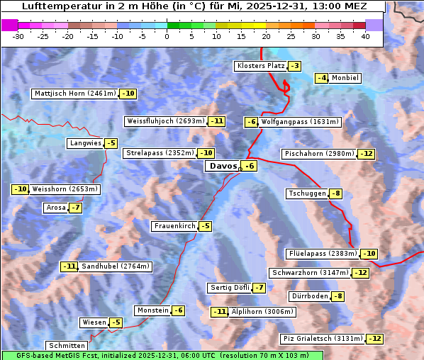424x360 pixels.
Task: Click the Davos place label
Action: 223,167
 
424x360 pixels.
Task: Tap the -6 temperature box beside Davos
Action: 248,167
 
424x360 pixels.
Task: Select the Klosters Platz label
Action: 260,66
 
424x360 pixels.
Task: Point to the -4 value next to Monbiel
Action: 322,78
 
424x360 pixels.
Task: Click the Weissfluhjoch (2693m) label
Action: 165,121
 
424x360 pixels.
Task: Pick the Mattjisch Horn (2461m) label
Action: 75,94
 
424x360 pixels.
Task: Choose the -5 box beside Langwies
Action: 111,143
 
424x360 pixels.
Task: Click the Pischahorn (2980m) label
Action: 318,154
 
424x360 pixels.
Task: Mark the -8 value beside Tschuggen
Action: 336,193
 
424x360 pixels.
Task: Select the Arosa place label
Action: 55,208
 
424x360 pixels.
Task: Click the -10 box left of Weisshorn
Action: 21,189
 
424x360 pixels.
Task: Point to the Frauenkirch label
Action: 174,226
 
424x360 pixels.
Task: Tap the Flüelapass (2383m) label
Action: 323,254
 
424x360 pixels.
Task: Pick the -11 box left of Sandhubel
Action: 69,266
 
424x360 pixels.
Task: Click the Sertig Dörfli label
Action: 230,288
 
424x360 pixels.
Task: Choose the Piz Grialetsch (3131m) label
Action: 323,339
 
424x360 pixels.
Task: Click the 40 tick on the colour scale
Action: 365,37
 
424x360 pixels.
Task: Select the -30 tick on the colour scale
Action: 18,37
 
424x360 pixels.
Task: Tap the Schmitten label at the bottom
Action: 67,346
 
